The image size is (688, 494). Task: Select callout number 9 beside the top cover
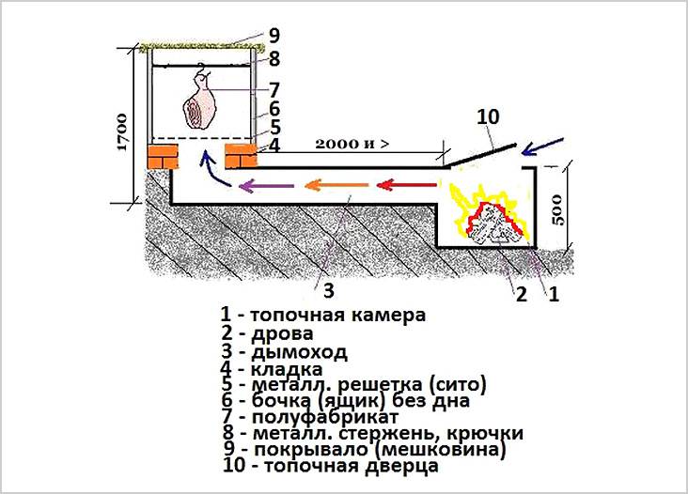(274, 36)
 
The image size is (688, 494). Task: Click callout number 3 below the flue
(327, 286)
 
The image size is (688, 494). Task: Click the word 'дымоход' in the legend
(299, 352)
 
